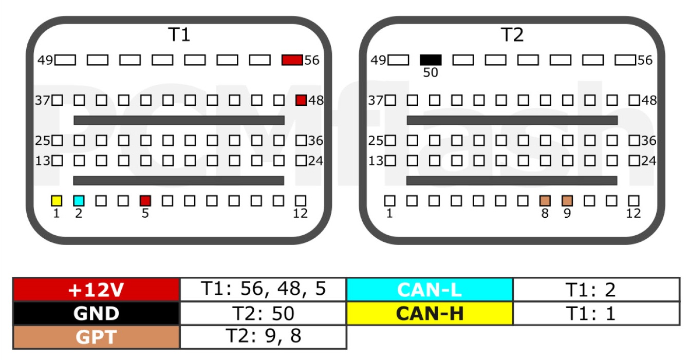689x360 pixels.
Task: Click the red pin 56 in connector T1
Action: tap(292, 60)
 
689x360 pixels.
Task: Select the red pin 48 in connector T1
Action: tap(301, 100)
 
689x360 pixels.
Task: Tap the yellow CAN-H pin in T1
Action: tap(57, 201)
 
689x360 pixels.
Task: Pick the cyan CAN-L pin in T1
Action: tap(79, 201)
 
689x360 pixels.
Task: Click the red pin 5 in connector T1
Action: tap(145, 201)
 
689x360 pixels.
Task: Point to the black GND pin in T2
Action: tap(431, 60)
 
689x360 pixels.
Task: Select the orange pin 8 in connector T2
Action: tap(545, 201)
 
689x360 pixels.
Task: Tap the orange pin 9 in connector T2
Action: tap(567, 201)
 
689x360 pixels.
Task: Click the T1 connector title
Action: tap(179, 34)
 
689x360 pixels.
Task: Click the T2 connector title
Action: tap(512, 34)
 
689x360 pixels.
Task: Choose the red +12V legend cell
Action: tap(96, 289)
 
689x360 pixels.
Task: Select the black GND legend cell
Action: tap(96, 313)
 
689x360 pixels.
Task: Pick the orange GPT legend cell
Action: tap(96, 337)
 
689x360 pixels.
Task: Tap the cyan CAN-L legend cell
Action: tap(430, 289)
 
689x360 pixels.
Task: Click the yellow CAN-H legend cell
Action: tap(430, 313)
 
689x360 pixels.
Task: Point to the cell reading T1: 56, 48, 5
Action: tap(263, 289)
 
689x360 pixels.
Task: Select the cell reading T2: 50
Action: tap(263, 313)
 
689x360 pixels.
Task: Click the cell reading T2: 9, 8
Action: tap(263, 337)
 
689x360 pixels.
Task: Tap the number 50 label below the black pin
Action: tap(431, 73)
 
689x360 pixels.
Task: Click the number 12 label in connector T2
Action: tap(634, 213)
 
